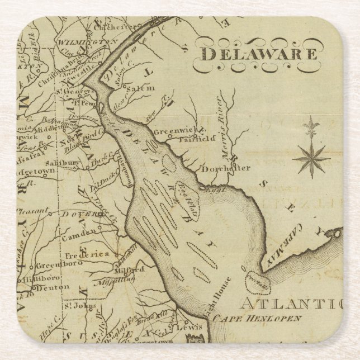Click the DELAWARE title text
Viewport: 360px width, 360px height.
259,54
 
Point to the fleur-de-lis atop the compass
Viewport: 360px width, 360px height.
311,126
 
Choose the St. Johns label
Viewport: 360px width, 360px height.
74,306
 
